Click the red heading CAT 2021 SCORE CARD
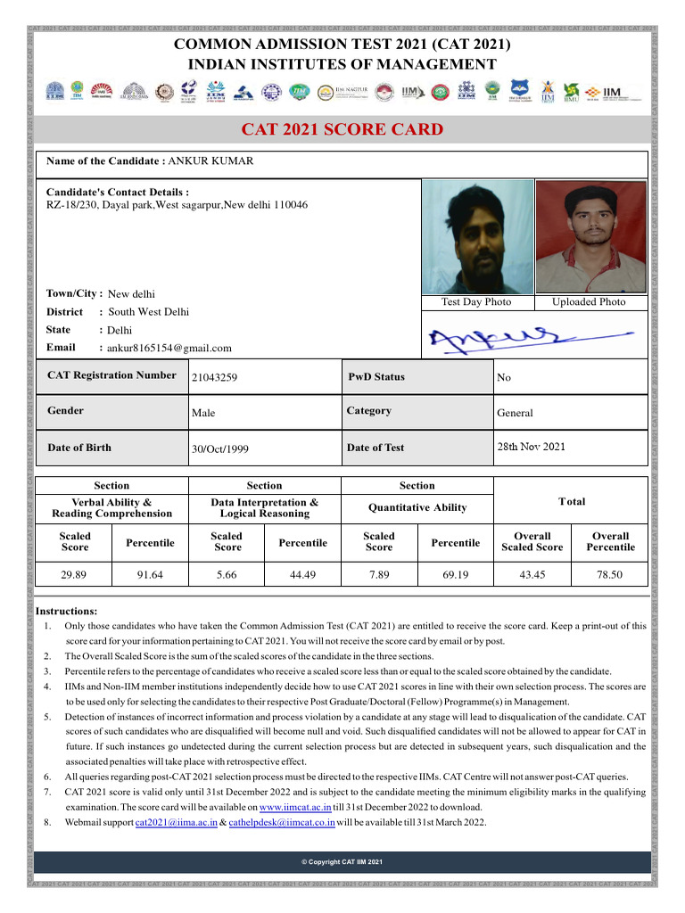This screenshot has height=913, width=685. click(x=342, y=130)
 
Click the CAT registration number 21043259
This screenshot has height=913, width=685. click(x=214, y=378)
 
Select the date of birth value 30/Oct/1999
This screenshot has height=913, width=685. click(x=220, y=448)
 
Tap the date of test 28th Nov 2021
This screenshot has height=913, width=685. click(x=531, y=447)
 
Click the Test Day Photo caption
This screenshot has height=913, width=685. click(x=476, y=302)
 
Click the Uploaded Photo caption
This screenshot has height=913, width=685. click(x=589, y=302)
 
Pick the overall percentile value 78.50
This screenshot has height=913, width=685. click(x=610, y=576)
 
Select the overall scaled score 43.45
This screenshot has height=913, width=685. click(x=532, y=576)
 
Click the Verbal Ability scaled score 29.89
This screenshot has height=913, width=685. click(x=74, y=576)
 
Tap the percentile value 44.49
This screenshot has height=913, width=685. click(x=303, y=576)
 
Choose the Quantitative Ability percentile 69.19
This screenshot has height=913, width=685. click(x=455, y=576)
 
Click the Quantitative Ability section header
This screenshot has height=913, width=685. click(x=417, y=507)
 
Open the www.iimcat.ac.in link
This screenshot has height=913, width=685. click(x=295, y=806)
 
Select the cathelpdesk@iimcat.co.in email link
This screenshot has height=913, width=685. click(x=282, y=822)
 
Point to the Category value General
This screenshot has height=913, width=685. click(x=515, y=413)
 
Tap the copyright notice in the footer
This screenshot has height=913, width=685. click(x=342, y=862)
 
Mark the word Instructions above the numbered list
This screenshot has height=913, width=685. click(x=66, y=611)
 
